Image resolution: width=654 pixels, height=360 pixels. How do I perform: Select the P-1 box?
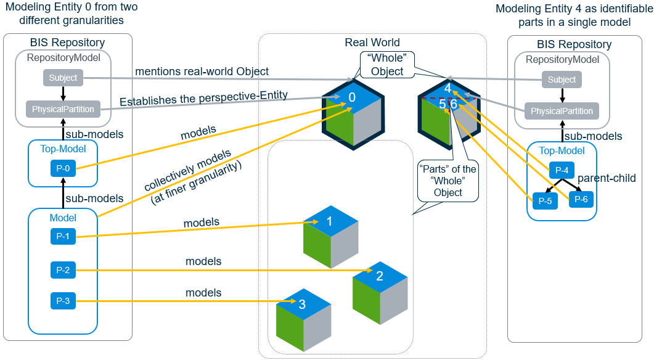point(62,235)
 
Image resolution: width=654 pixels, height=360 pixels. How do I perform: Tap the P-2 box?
point(62,269)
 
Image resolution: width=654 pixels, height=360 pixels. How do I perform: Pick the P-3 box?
point(62,301)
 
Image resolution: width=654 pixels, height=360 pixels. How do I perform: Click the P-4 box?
point(561,170)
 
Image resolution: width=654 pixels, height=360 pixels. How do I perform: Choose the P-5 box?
point(545,200)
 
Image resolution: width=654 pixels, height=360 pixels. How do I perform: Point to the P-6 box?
point(581,198)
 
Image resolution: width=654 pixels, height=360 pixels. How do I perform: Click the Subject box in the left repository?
point(63,78)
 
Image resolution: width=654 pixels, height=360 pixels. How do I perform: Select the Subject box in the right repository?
point(562,80)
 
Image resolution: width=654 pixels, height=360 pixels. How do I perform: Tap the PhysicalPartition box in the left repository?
point(63,110)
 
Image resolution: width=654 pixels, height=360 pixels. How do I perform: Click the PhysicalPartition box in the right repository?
point(562,112)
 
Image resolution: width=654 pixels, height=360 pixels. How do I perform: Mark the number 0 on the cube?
point(352,97)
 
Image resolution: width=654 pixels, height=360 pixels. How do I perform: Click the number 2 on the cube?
point(380,276)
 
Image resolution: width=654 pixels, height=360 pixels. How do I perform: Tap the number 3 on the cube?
point(302,304)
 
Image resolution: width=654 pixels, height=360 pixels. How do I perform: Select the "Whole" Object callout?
point(387,65)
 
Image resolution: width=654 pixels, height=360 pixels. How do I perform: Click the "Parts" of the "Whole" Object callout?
point(448,181)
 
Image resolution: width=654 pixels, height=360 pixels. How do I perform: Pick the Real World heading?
point(372,43)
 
